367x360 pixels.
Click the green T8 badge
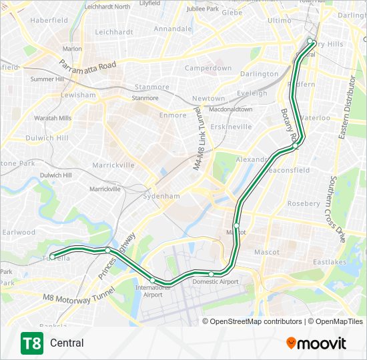(x=31, y=343)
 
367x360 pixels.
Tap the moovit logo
(x=316, y=343)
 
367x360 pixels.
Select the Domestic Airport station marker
(x=212, y=274)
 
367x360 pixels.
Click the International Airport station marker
(x=153, y=280)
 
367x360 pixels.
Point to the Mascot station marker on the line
(x=236, y=225)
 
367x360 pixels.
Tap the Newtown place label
(x=208, y=99)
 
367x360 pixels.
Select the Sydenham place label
(x=163, y=196)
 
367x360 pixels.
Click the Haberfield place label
(x=49, y=20)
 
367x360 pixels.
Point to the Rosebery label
(x=304, y=203)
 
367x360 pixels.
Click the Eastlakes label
(x=330, y=262)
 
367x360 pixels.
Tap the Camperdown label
(x=208, y=68)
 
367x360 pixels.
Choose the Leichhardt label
(x=115, y=32)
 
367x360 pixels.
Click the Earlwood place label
(x=19, y=232)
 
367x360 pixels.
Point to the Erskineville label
(x=230, y=126)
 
